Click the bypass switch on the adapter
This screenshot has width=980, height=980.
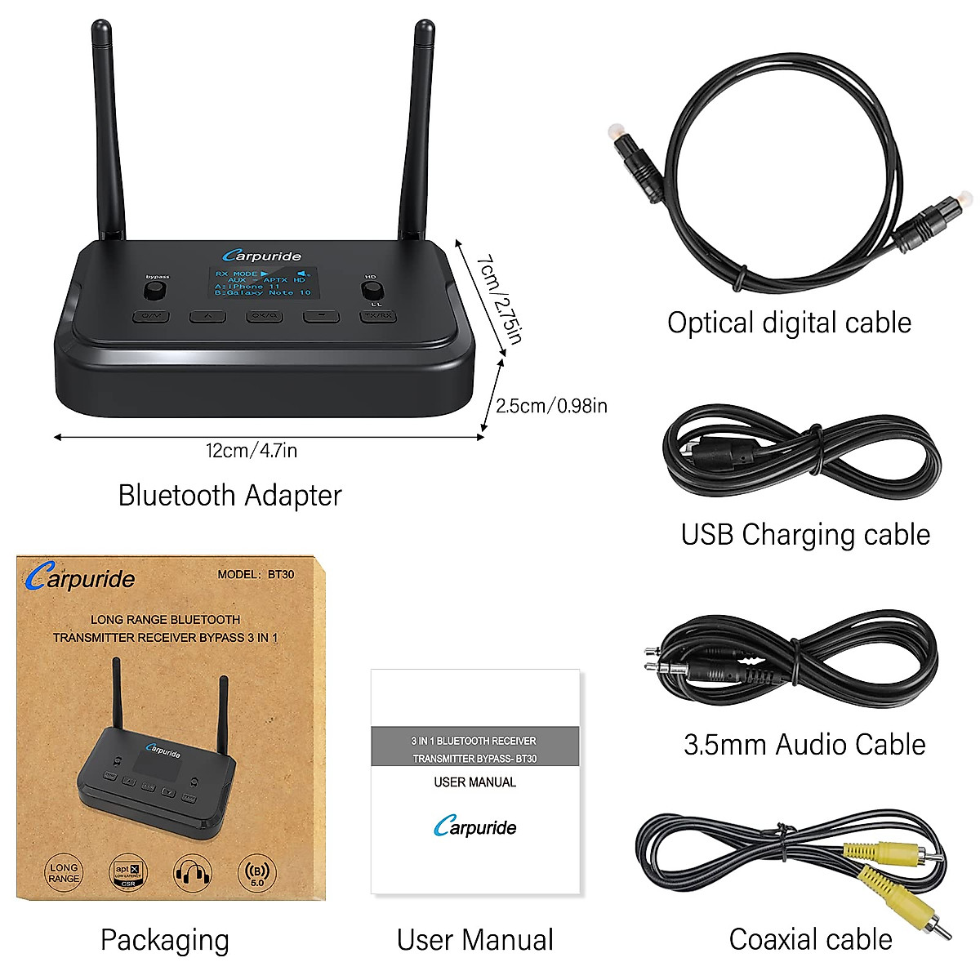(x=157, y=292)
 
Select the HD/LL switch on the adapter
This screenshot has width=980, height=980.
(x=372, y=292)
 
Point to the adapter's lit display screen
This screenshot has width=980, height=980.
(x=263, y=283)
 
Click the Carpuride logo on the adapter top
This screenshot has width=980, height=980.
(x=262, y=256)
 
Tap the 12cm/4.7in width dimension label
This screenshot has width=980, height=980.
(x=252, y=451)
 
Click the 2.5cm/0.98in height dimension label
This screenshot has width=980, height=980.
(x=551, y=406)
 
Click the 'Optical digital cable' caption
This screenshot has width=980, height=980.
(x=789, y=323)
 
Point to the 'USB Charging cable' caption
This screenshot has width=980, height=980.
(x=805, y=535)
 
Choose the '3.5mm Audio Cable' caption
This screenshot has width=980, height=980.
(x=804, y=745)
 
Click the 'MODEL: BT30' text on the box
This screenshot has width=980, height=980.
(x=256, y=574)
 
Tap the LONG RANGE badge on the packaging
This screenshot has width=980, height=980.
(x=64, y=873)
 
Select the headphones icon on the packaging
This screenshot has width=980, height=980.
(x=193, y=873)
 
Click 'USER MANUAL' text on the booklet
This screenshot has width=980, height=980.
(x=474, y=782)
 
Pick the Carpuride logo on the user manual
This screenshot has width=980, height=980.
(x=474, y=826)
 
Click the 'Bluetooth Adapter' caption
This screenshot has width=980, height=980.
(x=229, y=496)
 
